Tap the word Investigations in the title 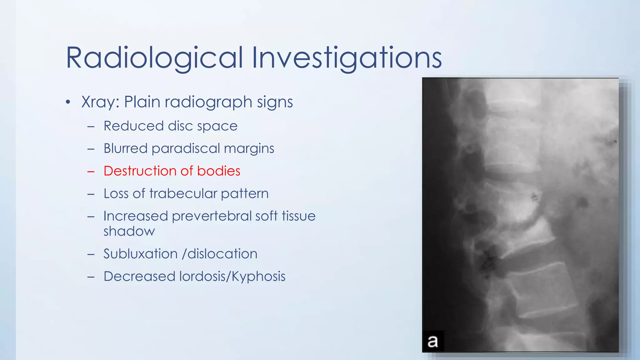(347, 58)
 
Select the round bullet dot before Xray (68, 102)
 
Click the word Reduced (133, 126)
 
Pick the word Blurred (125, 148)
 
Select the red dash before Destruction (91, 172)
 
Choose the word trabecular (183, 194)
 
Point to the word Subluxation (140, 254)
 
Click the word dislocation (222, 254)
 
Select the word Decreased (139, 276)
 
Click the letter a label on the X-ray (433, 341)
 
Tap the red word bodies (218, 171)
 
